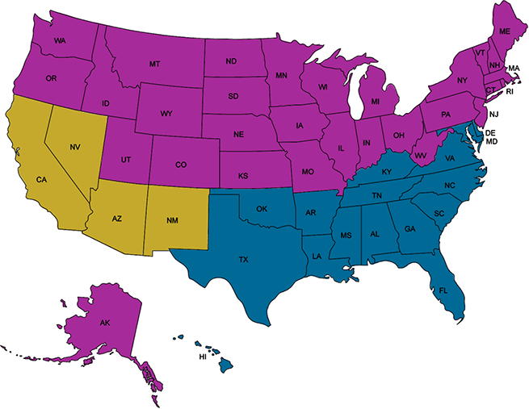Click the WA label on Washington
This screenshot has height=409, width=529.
click(x=60, y=40)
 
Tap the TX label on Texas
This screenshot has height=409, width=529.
click(x=243, y=260)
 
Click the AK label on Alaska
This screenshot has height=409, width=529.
click(x=104, y=323)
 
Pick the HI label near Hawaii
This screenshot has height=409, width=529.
click(x=203, y=357)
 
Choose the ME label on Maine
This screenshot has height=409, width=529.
click(x=505, y=31)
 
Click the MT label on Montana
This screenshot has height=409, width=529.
click(x=154, y=64)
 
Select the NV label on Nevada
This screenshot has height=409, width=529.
click(x=75, y=146)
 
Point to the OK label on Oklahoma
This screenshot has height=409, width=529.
click(x=261, y=209)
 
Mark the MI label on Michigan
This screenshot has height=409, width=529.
click(x=375, y=102)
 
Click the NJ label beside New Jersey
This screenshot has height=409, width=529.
click(x=493, y=115)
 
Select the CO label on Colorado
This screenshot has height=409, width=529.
click(x=181, y=165)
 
